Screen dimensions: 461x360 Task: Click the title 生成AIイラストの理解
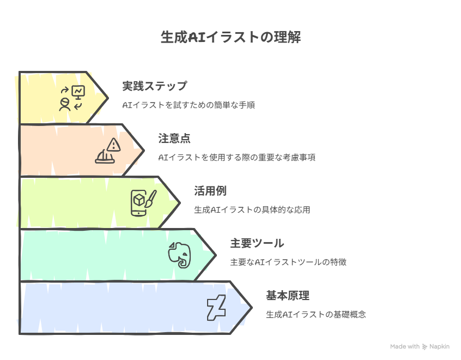pos(230,38)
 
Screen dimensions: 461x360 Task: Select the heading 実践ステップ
pos(155,86)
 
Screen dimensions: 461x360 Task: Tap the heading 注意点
pos(174,139)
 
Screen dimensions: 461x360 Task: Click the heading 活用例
pos(210,191)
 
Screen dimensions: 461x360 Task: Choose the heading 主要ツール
pos(257,243)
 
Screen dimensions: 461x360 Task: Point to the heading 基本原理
pos(288,296)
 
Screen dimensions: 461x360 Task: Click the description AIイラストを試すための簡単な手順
pos(189,105)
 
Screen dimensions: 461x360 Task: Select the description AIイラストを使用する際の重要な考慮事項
pos(236,158)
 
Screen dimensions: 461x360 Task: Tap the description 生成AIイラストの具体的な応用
pos(252,210)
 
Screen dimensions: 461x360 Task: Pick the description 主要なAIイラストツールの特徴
pos(288,262)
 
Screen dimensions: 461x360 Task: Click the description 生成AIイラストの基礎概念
pos(316,315)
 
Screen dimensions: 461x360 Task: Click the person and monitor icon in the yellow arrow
pos(72,98)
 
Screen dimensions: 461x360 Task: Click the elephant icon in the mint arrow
pos(180,255)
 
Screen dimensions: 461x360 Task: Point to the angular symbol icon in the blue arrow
pos(216,308)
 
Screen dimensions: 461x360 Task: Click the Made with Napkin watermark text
pos(420,346)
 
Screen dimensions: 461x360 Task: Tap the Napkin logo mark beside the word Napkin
pos(424,347)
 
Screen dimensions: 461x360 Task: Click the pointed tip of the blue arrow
pos(252,308)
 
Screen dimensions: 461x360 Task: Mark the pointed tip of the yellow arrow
pos(108,98)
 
